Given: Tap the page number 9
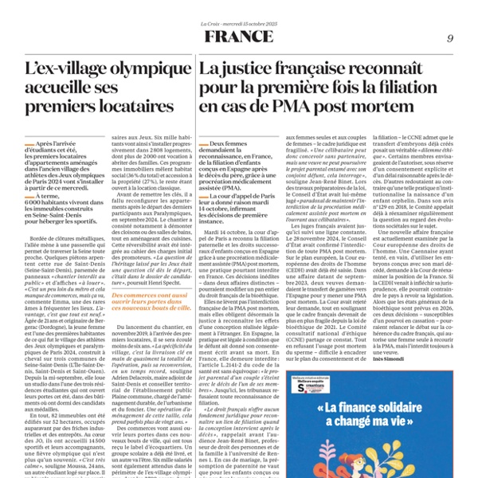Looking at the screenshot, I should [450, 38].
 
